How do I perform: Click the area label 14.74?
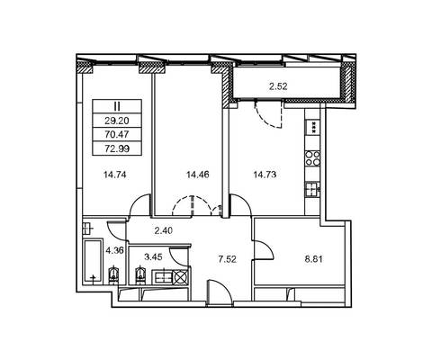coord(114,175)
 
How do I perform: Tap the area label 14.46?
coord(198,175)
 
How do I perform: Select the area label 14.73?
coord(265,175)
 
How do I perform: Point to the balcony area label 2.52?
coord(278,86)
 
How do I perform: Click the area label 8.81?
coord(314,259)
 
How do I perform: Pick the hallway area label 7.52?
coord(227,259)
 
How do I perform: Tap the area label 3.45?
coord(153,256)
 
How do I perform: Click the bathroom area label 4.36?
coord(115,250)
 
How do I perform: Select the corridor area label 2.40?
coord(164,230)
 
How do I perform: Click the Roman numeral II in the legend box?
coord(117,106)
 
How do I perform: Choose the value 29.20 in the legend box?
coord(117,121)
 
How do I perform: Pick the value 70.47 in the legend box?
coord(117,134)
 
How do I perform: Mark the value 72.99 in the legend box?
coord(117,148)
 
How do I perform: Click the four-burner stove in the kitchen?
coord(312,158)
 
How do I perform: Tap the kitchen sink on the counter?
coord(312,189)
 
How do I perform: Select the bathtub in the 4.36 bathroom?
coord(93,261)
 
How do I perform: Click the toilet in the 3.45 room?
coord(139,274)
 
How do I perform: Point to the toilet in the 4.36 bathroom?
coord(113,274)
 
